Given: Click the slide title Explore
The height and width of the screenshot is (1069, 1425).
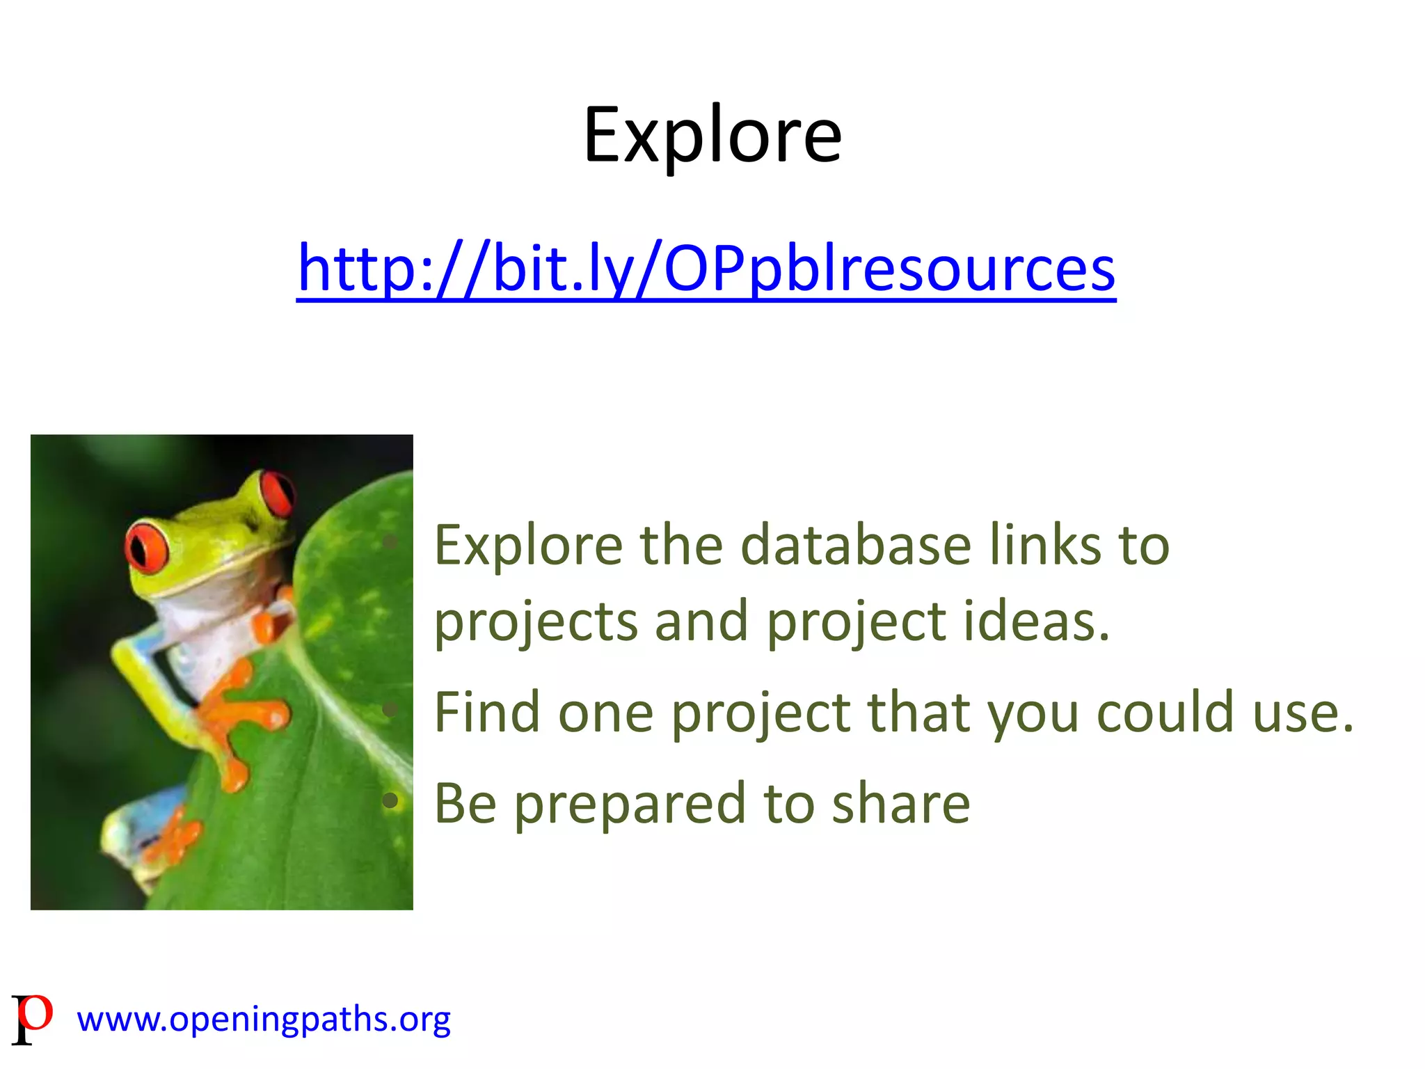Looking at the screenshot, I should pos(712,136).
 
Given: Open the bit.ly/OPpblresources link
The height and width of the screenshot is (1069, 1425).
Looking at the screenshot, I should pos(706,268).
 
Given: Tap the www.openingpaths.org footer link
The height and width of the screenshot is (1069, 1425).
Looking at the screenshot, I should pos(264,1019).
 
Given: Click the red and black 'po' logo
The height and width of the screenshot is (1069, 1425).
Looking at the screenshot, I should pos(32,1018).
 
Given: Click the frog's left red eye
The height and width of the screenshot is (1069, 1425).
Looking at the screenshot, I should pos(147,547).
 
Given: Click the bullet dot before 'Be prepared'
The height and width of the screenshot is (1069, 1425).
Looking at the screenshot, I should pos(390,801).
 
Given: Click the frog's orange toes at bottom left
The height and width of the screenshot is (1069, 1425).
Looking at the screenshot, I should pos(174,839).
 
